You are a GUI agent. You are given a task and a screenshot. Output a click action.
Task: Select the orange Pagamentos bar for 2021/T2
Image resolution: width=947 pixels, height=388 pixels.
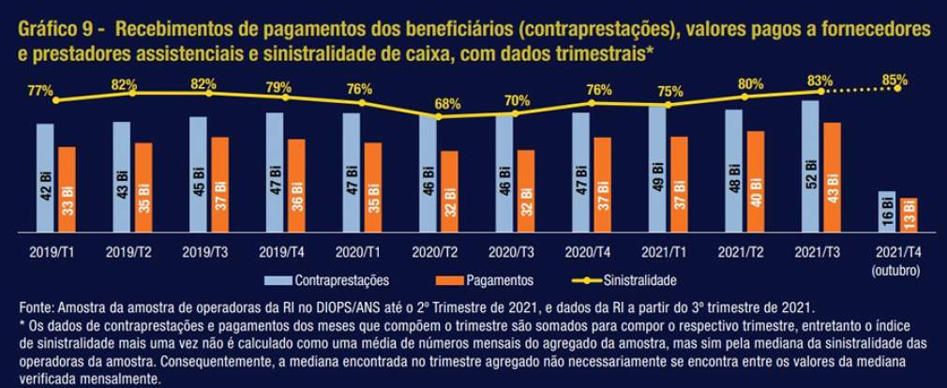click(756, 182)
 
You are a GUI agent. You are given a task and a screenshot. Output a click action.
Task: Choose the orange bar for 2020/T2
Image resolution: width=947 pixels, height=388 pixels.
click(449, 191)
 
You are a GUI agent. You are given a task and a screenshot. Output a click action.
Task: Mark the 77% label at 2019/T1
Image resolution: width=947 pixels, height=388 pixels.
click(39, 91)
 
